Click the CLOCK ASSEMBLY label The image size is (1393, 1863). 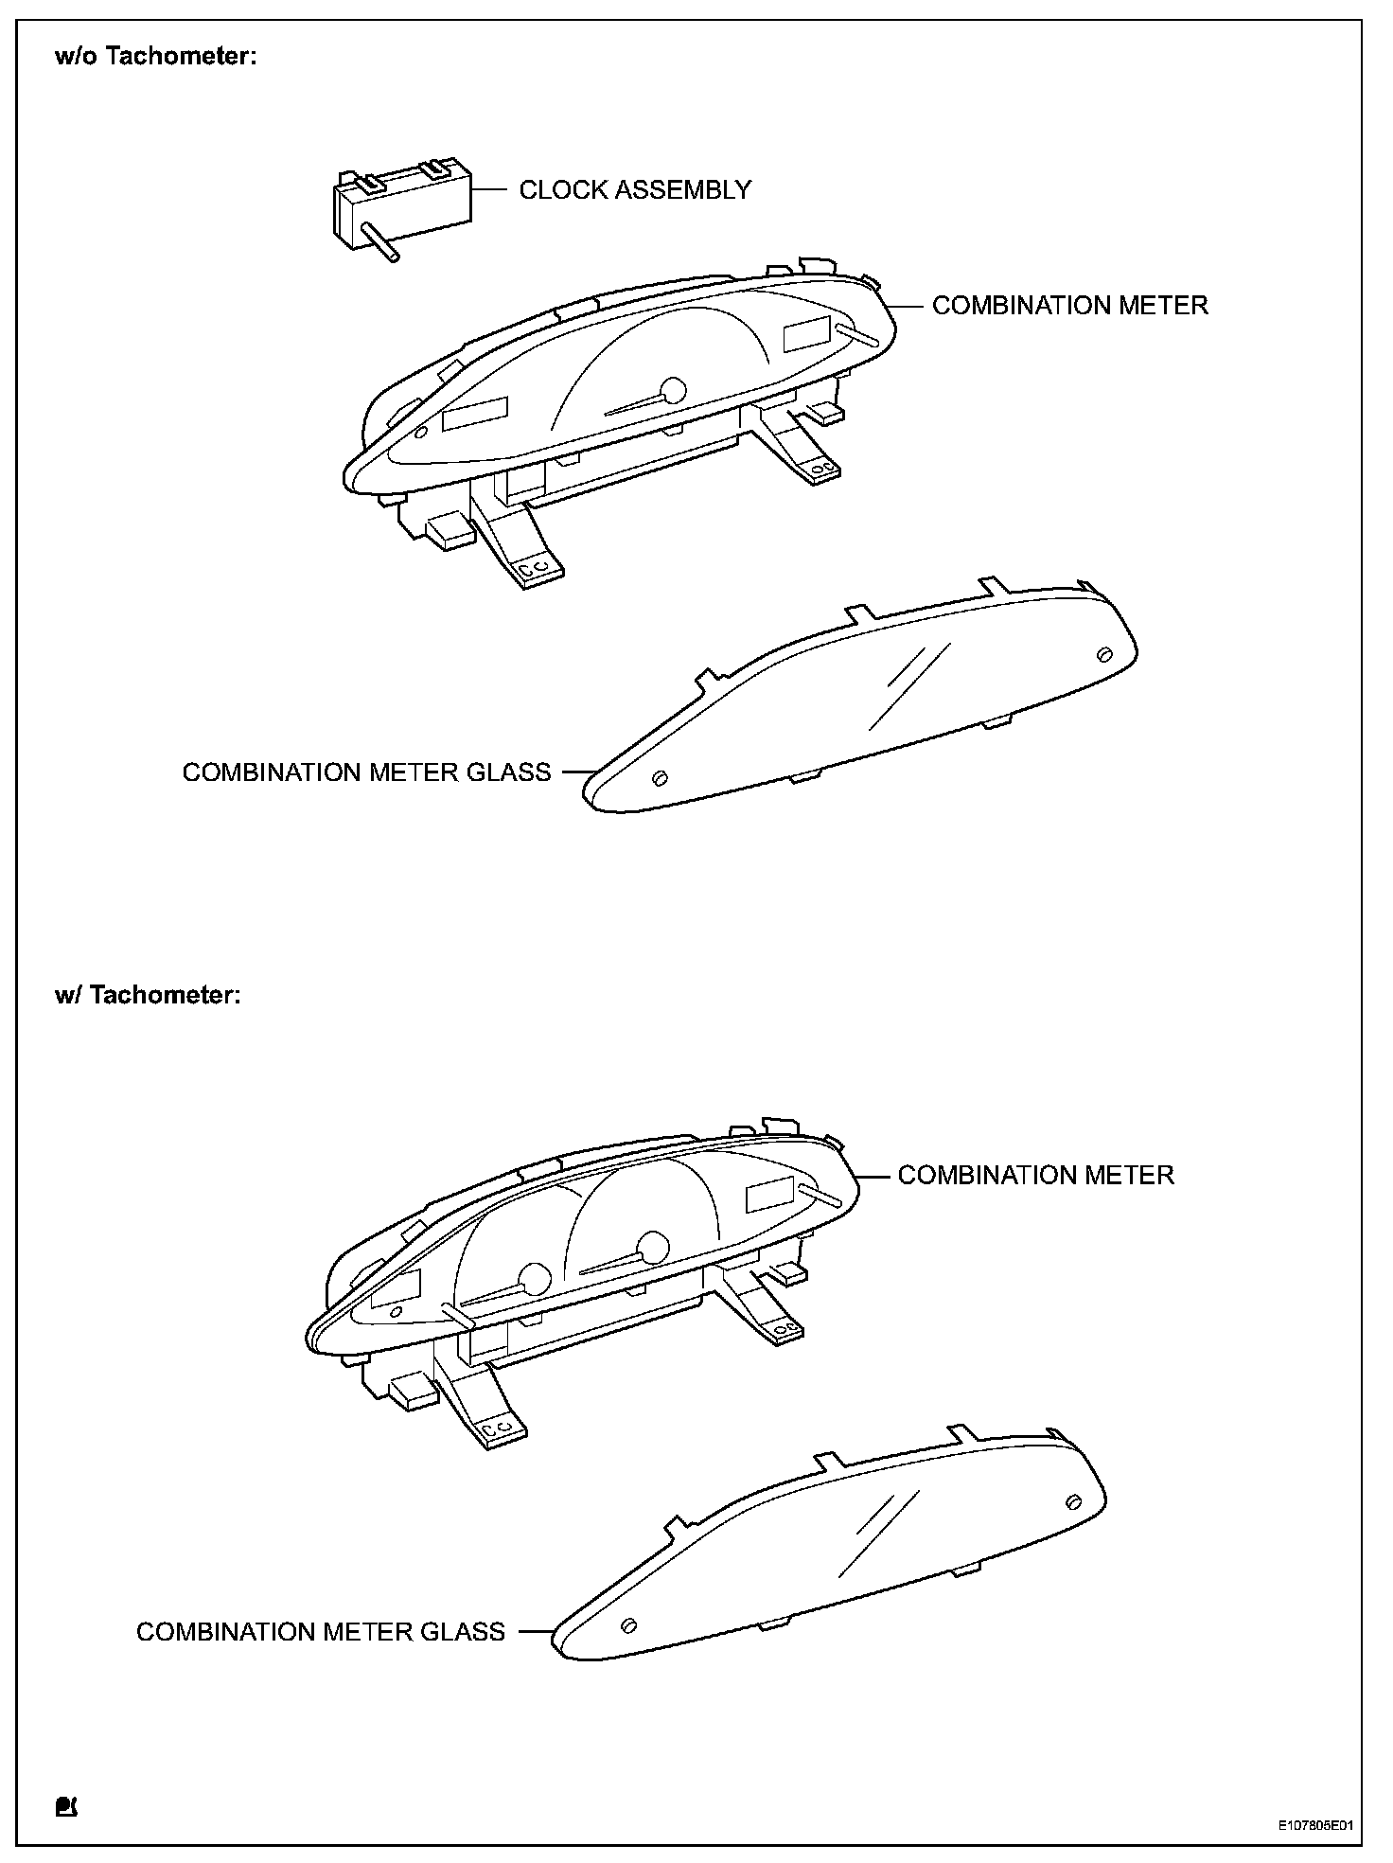(635, 190)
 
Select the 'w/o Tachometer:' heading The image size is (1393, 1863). (156, 57)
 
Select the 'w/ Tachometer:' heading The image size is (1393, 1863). (149, 996)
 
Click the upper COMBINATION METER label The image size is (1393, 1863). (1069, 306)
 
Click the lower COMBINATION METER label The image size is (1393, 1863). (1035, 1176)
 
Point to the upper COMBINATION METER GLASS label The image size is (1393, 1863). (366, 772)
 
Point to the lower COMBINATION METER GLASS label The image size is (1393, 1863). (321, 1632)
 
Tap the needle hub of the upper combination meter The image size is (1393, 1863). (673, 389)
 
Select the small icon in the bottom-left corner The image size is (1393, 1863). (66, 1805)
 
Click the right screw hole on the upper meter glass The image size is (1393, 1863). (1103, 654)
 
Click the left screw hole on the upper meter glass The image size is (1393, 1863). (661, 777)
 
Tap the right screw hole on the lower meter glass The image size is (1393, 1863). (1073, 1501)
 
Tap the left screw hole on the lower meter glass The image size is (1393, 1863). (626, 1625)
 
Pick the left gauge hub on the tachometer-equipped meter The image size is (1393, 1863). (535, 1277)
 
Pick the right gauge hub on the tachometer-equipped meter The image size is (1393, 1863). (653, 1245)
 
